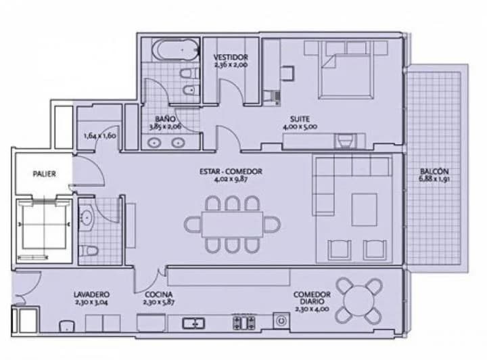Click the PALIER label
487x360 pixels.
(x=45, y=174)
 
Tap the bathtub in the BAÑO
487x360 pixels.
(x=176, y=49)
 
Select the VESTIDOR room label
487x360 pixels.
(x=231, y=57)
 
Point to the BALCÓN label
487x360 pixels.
(x=434, y=171)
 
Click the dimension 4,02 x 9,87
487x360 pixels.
(x=231, y=179)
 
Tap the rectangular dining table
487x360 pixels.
(x=232, y=224)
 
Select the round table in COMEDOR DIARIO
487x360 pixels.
(x=359, y=300)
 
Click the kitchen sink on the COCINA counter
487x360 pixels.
(x=193, y=323)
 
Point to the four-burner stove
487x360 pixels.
(x=244, y=323)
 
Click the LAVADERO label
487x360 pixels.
(x=91, y=294)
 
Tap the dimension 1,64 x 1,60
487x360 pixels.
(x=99, y=136)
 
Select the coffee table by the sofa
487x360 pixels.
(x=365, y=210)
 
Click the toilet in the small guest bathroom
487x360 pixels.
(x=89, y=250)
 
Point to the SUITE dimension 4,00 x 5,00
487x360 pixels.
(x=300, y=127)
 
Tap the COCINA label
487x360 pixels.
(x=159, y=294)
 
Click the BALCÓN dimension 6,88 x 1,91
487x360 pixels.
(x=434, y=179)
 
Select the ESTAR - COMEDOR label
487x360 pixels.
(x=231, y=171)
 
